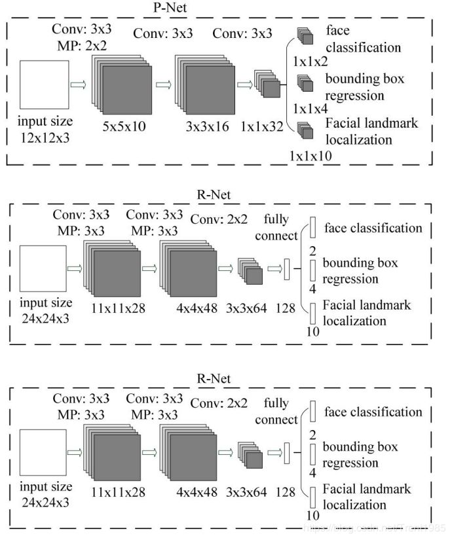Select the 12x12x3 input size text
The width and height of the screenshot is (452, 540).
click(x=45, y=129)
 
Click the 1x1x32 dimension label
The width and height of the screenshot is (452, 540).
click(x=261, y=127)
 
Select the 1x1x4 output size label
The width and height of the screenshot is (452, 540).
click(x=309, y=108)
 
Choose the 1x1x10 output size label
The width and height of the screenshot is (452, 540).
click(x=309, y=156)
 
